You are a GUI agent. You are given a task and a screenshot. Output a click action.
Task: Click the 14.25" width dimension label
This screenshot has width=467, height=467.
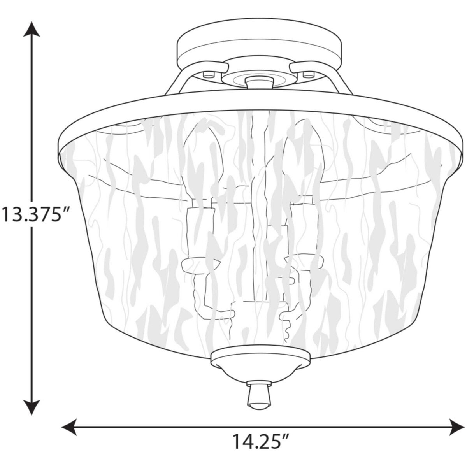click(261, 442)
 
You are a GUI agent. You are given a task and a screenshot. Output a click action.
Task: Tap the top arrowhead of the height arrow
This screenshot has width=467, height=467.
click(31, 29)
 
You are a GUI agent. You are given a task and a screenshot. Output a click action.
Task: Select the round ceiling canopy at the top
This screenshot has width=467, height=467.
click(260, 45)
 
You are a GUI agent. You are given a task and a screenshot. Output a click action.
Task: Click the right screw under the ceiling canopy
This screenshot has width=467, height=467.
click(310, 73)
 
